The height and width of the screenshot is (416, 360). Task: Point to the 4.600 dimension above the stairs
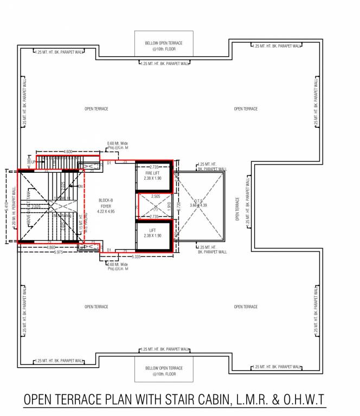coord(68,152)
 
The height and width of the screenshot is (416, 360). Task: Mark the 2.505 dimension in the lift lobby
coord(155,197)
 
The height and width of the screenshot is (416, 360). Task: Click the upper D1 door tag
coord(109,162)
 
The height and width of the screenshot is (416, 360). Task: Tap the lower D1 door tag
coord(109,250)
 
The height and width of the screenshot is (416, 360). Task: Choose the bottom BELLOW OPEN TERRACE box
coord(164,371)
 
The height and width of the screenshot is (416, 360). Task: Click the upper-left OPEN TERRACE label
coord(96,109)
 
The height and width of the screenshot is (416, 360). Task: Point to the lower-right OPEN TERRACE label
coord(246,307)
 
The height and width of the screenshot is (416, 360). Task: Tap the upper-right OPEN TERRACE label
coord(246,109)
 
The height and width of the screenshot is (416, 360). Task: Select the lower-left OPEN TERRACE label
coord(96,307)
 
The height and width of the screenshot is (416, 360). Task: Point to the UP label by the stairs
coord(33,162)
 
